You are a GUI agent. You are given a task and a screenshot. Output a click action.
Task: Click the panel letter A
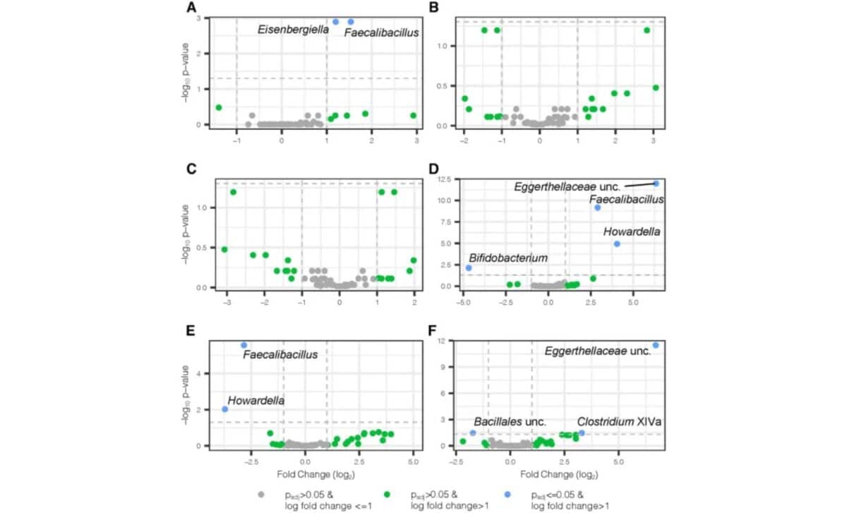tap(191, 8)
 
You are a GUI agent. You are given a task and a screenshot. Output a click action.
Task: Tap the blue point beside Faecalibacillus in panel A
tap(351, 21)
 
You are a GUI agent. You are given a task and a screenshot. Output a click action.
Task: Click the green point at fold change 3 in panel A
tap(413, 116)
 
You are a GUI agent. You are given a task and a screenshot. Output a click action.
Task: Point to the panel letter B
tap(435, 8)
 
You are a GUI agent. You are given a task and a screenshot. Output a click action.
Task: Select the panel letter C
tap(191, 169)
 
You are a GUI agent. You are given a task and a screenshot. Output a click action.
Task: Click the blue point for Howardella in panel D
tap(617, 244)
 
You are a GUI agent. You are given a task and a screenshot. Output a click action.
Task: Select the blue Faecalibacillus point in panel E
tap(244, 345)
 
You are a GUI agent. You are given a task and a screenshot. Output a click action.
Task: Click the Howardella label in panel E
tap(256, 400)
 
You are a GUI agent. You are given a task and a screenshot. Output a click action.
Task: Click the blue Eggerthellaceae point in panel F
tap(656, 345)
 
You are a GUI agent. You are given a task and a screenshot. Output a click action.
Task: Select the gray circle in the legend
tap(261, 495)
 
